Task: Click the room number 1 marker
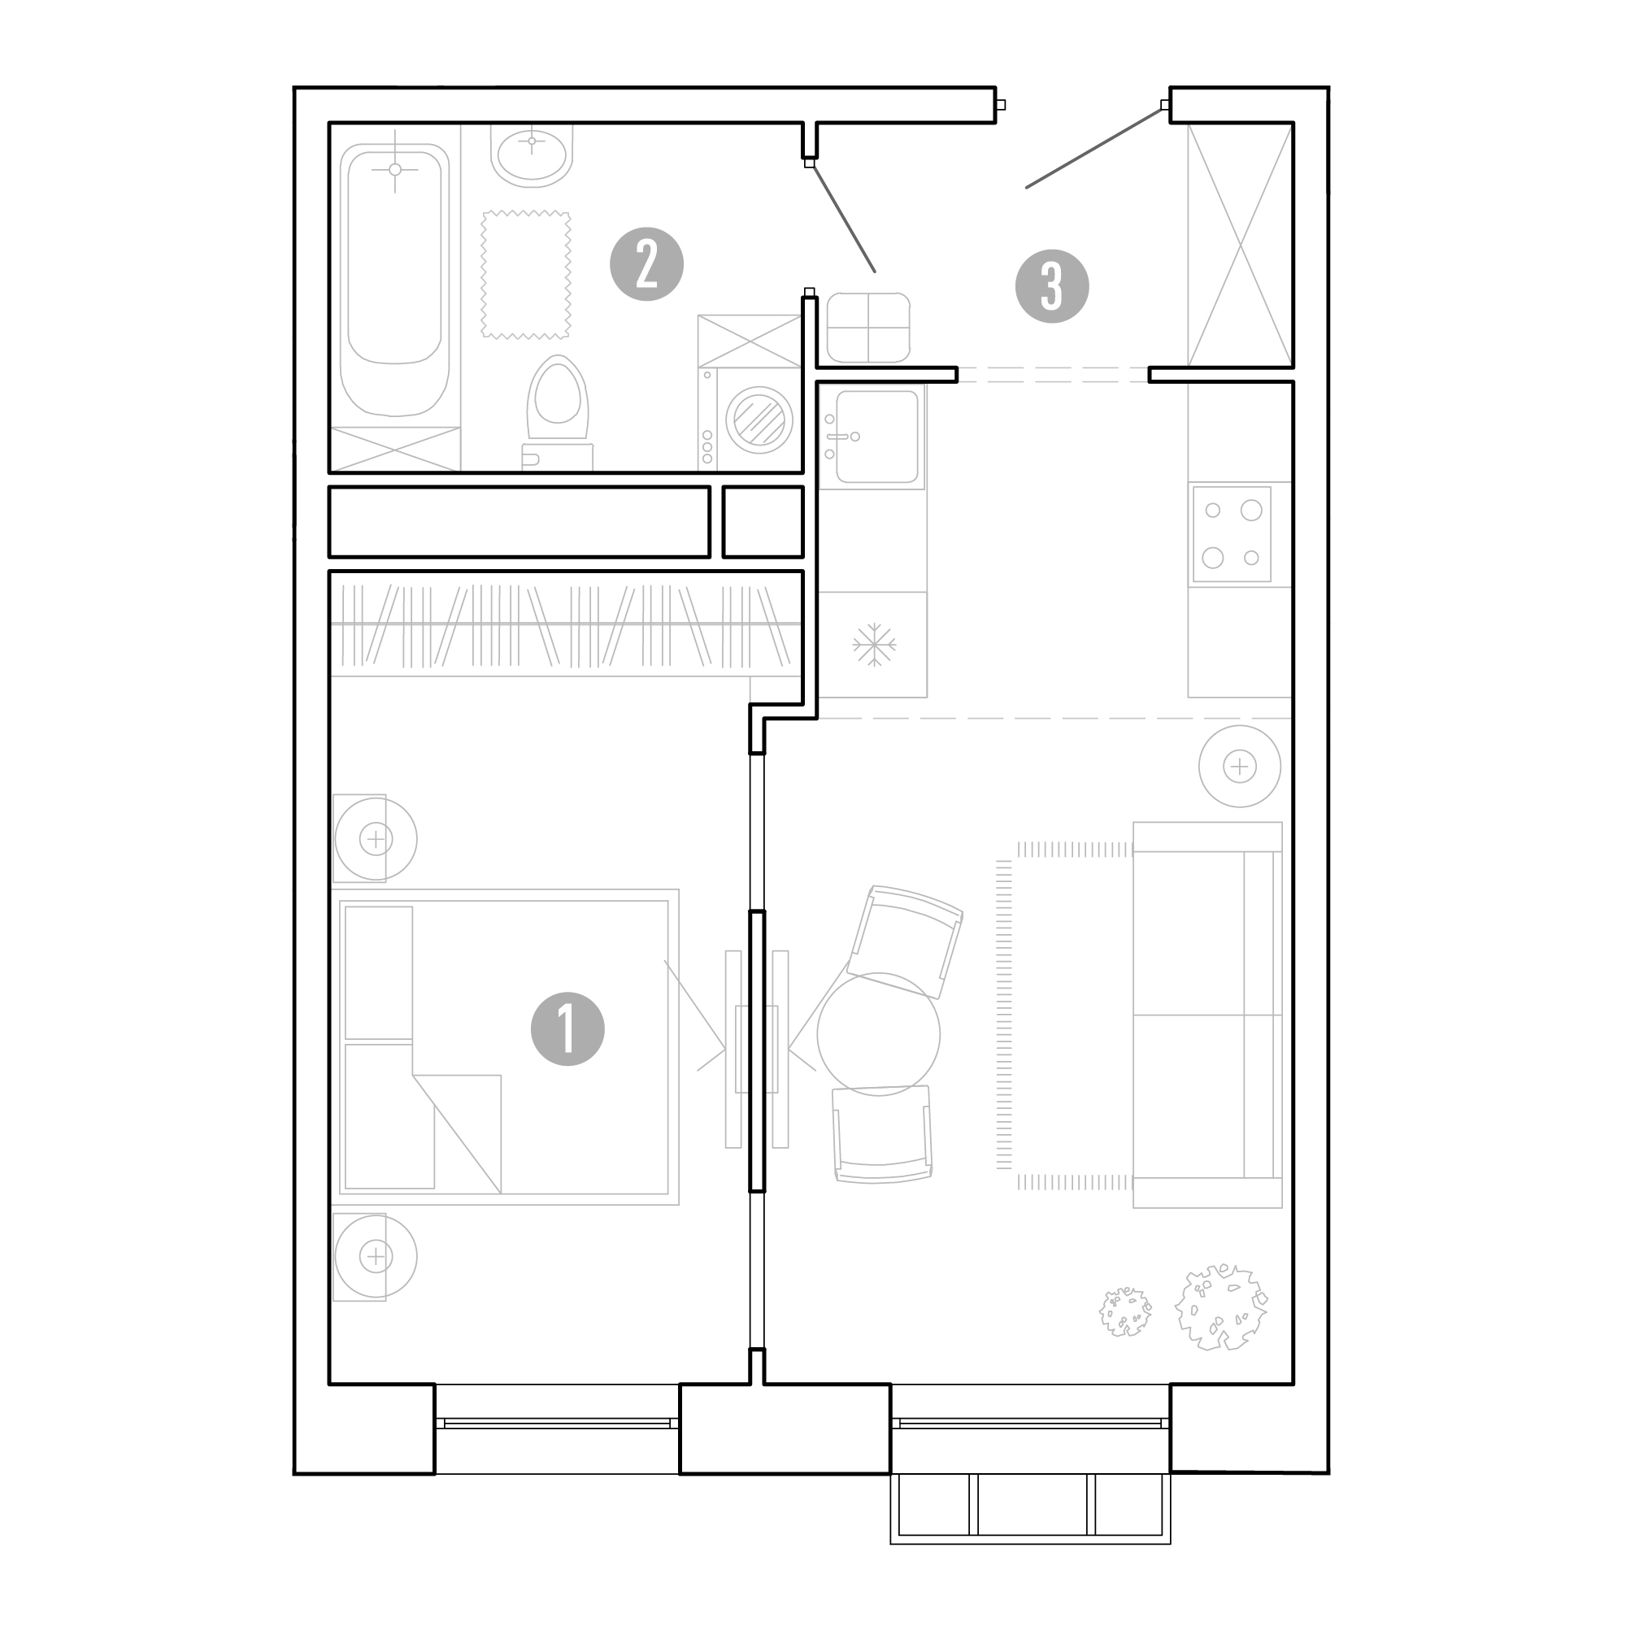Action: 567,1028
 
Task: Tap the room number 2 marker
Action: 646,264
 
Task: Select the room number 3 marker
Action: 1052,286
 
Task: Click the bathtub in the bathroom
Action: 395,280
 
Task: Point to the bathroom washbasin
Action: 532,157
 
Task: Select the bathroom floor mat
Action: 526,274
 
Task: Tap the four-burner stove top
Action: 1231,533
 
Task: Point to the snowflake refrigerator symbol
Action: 874,645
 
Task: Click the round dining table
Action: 879,1033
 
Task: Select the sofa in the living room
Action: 1206,1015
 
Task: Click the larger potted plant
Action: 1221,1307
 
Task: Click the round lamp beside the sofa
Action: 1240,766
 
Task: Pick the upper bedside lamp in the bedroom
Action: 376,838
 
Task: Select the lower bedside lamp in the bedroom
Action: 376,1257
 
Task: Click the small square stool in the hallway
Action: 868,327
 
